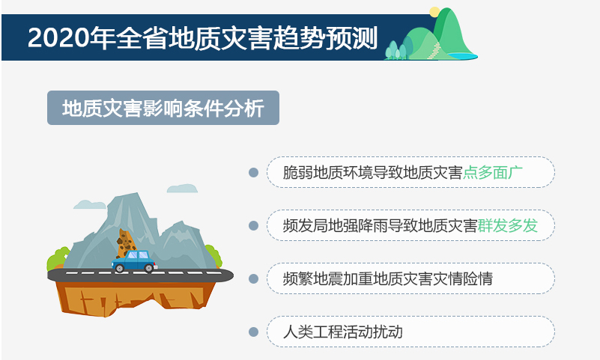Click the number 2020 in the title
pos(58,38)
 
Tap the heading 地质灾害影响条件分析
pos(163,109)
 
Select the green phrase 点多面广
pos(492,172)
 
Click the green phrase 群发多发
pos(507,225)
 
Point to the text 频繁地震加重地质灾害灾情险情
pos(387,278)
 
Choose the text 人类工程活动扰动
pos(343,332)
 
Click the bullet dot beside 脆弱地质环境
pos(253,172)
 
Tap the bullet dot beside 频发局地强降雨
pos(253,225)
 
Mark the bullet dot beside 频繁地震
pos(253,278)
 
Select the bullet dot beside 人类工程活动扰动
pos(253,332)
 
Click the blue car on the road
pos(134,261)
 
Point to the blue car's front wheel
pos(148,268)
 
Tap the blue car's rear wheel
pos(120,268)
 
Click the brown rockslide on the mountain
pos(125,243)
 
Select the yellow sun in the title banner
pos(434,12)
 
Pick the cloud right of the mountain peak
pos(182,189)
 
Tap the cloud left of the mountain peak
pos(90,204)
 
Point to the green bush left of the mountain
pos(57,259)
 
